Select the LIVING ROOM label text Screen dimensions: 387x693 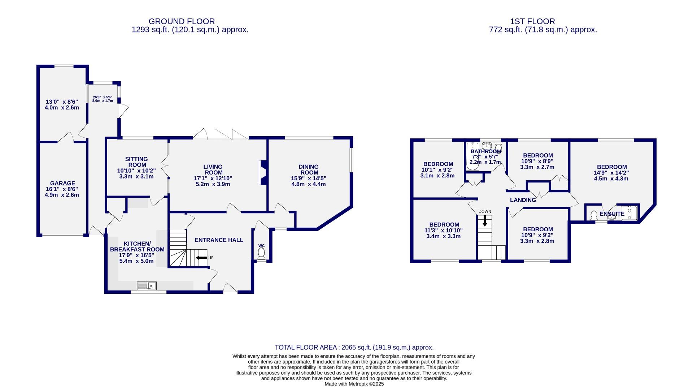pos(213,169)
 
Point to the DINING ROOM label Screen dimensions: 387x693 pos(309,169)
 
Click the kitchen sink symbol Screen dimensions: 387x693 pos(147,286)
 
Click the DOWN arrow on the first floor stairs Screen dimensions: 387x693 pos(485,220)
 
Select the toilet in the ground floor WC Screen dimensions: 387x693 pos(261,253)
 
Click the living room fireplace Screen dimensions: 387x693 pos(262,173)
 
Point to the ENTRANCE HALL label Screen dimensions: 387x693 pos(219,240)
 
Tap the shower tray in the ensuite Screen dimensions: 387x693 pos(629,213)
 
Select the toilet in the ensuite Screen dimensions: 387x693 pos(594,215)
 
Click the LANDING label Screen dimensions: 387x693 pos(523,200)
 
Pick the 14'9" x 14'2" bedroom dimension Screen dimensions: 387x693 pos(611,173)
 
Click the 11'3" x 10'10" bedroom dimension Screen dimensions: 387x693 pos(444,230)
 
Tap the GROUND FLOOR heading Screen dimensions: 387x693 pos(182,22)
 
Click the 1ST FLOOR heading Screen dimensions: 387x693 pos(532,22)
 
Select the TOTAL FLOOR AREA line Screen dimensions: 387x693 pos(354,347)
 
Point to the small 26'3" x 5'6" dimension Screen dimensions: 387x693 pos(103,97)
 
